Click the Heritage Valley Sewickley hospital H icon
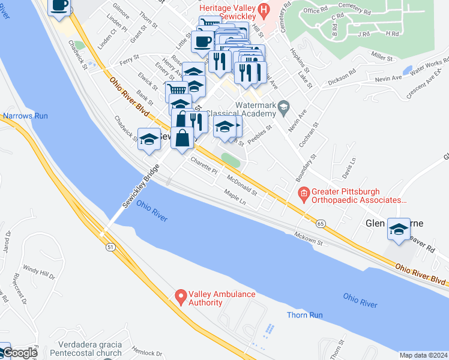coord(262,10)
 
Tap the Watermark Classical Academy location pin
coord(284,109)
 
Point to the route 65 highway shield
coord(322,223)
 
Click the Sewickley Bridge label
coord(143,188)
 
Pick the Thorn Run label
coord(305,315)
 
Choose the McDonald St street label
coord(243,185)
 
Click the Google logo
coord(19,353)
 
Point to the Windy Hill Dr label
coord(39,272)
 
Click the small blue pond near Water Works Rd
coord(408,70)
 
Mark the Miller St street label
coord(381,56)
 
